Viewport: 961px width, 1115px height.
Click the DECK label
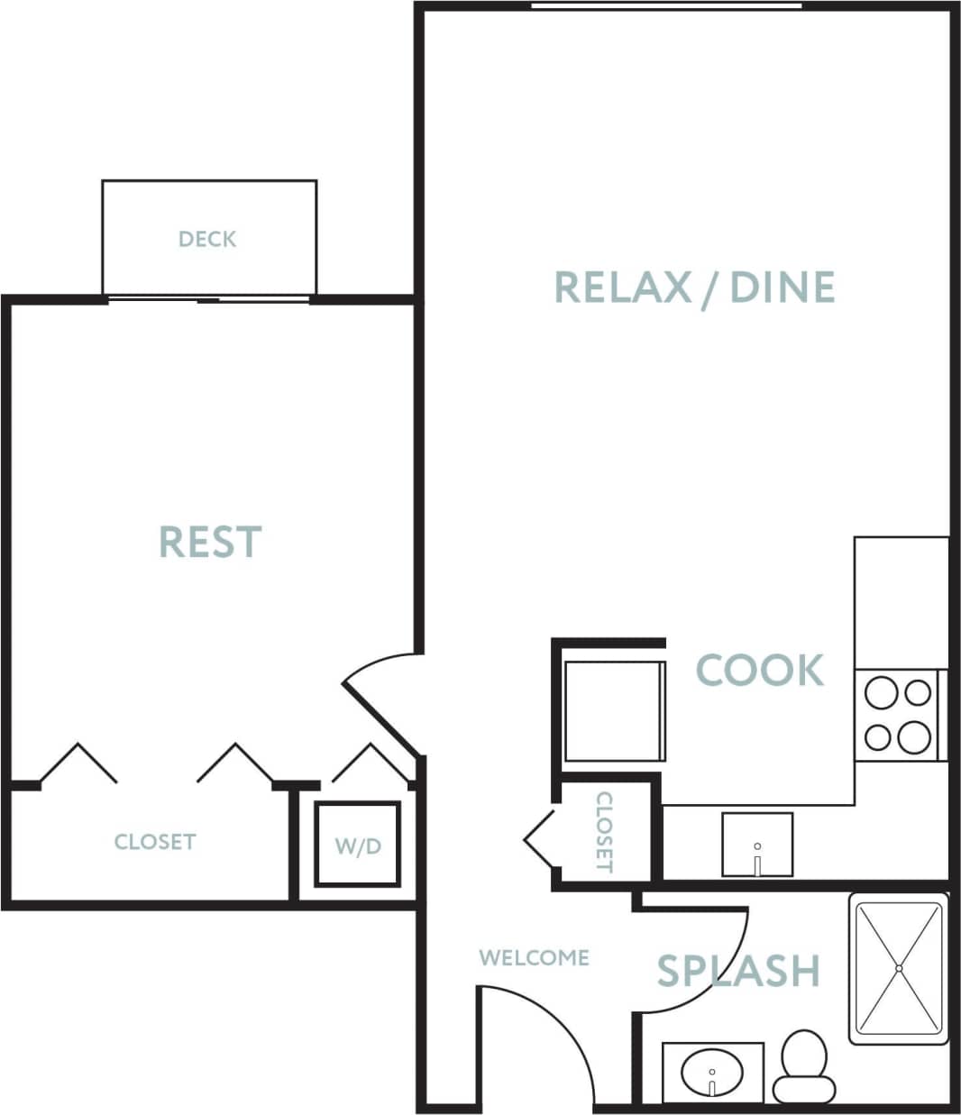[207, 239]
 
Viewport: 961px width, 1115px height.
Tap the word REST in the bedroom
[210, 542]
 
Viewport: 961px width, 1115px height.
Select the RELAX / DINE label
[694, 287]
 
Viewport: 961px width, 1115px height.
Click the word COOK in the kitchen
[760, 671]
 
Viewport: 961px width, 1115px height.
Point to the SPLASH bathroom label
[738, 971]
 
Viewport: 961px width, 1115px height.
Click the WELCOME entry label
[534, 957]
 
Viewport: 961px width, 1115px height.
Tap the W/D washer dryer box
[358, 845]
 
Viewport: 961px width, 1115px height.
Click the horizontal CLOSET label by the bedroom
[155, 842]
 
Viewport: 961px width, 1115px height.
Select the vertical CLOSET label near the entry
[604, 832]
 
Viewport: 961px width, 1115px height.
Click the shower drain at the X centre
[899, 968]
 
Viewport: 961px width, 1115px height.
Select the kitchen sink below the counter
[757, 845]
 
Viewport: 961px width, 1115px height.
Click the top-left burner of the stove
[880, 693]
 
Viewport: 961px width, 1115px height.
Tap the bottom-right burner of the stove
[916, 736]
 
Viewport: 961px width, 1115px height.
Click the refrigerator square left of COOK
[615, 711]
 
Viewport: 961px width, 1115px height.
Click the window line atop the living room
[666, 6]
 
